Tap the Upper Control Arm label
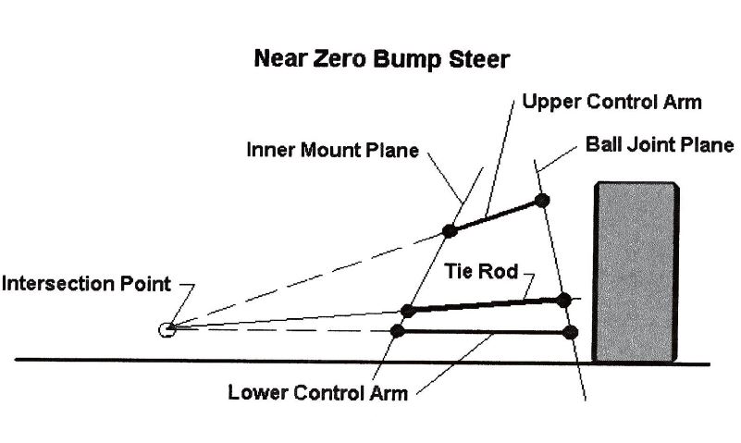click(612, 101)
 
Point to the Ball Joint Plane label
click(660, 145)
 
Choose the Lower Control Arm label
click(317, 391)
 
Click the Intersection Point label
click(86, 283)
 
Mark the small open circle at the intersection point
click(167, 327)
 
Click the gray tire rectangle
click(635, 271)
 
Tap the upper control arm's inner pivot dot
click(450, 230)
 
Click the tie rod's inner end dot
click(407, 310)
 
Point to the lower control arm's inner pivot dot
click(398, 330)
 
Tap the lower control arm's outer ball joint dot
click(570, 331)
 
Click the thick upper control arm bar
click(496, 215)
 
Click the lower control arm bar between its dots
click(484, 330)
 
